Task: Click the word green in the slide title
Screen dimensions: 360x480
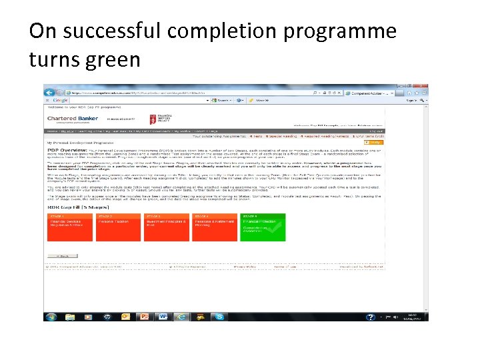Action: [x=113, y=59]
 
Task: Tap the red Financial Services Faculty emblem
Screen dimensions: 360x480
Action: [x=153, y=119]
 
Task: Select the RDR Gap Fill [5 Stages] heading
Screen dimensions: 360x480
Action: [x=73, y=208]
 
